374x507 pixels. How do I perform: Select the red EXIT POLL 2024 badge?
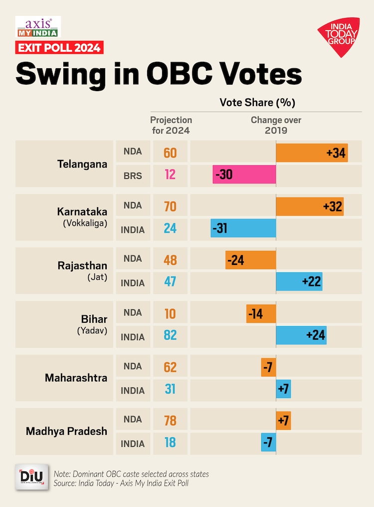tap(59, 48)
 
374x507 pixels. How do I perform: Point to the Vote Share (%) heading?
tap(257, 103)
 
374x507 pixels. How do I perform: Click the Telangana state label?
tap(82, 163)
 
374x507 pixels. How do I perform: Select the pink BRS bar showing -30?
tap(244, 175)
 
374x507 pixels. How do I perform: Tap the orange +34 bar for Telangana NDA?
tap(312, 152)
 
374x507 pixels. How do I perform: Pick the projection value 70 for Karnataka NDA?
tap(170, 206)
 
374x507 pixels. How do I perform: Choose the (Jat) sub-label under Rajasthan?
tap(97, 277)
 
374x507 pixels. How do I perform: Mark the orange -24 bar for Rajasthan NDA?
tap(250, 259)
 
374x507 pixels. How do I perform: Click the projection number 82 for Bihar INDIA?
tap(170, 336)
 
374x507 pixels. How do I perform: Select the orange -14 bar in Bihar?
tap(261, 314)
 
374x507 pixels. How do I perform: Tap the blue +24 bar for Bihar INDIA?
tap(301, 335)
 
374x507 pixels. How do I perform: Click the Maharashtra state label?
tap(76, 378)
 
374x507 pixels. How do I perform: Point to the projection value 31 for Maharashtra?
tap(170, 389)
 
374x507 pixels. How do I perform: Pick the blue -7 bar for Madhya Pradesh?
tap(268, 442)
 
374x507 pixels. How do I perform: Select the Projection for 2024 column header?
tap(171, 125)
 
